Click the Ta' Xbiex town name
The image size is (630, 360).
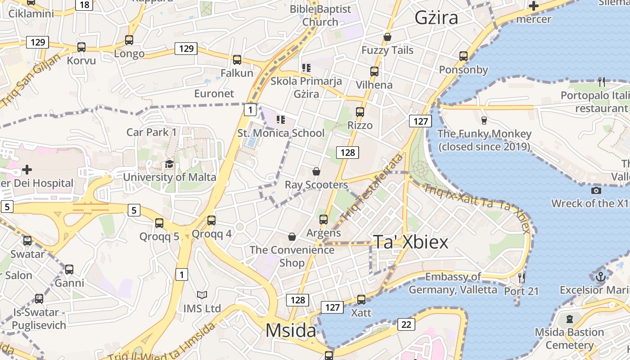pos(411,242)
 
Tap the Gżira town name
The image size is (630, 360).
pos(436,18)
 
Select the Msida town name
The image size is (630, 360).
pos(291,331)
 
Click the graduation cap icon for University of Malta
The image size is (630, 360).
pos(169,164)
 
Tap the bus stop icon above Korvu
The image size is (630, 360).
pos(81,47)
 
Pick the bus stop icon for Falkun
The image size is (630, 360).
pos(237,59)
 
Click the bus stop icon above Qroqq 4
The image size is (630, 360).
pos(211,220)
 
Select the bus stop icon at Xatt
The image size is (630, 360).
pos(361,299)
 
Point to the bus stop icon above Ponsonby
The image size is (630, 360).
pos(463,56)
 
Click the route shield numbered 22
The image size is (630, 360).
pos(406,324)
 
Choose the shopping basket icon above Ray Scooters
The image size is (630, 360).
pos(316,171)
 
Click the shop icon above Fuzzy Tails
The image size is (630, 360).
pos(387,37)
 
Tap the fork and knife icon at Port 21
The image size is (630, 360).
pos(521,278)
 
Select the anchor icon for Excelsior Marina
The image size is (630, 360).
pos(600,276)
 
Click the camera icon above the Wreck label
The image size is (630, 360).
pos(596,190)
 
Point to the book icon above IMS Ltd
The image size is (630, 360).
pos(202,295)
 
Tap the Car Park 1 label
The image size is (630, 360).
pos(151,132)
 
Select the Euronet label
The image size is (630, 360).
pos(214,94)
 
